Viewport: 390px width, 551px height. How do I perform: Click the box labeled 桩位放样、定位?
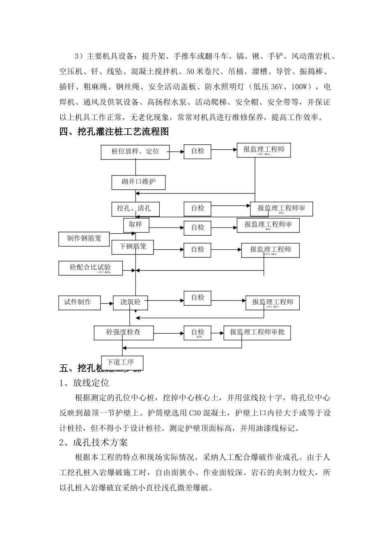tap(135, 151)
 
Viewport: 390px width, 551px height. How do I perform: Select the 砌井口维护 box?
tap(138, 182)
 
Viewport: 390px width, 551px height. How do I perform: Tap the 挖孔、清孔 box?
tap(135, 209)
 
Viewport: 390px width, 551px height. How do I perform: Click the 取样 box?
tap(136, 225)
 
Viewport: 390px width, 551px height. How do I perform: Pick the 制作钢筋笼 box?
tap(84, 238)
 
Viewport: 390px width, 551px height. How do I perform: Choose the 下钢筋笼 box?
tap(133, 247)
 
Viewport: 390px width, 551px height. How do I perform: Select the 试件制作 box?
tap(80, 302)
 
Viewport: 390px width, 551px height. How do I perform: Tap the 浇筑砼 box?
tap(130, 302)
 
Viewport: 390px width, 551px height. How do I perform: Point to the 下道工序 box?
tap(122, 362)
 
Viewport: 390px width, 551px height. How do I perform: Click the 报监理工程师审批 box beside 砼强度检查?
tap(257, 332)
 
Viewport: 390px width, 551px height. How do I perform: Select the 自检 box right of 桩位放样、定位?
tap(197, 151)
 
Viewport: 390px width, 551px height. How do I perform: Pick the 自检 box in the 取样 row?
tap(197, 227)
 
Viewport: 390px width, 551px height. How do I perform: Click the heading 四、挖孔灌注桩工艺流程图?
tap(114, 132)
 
